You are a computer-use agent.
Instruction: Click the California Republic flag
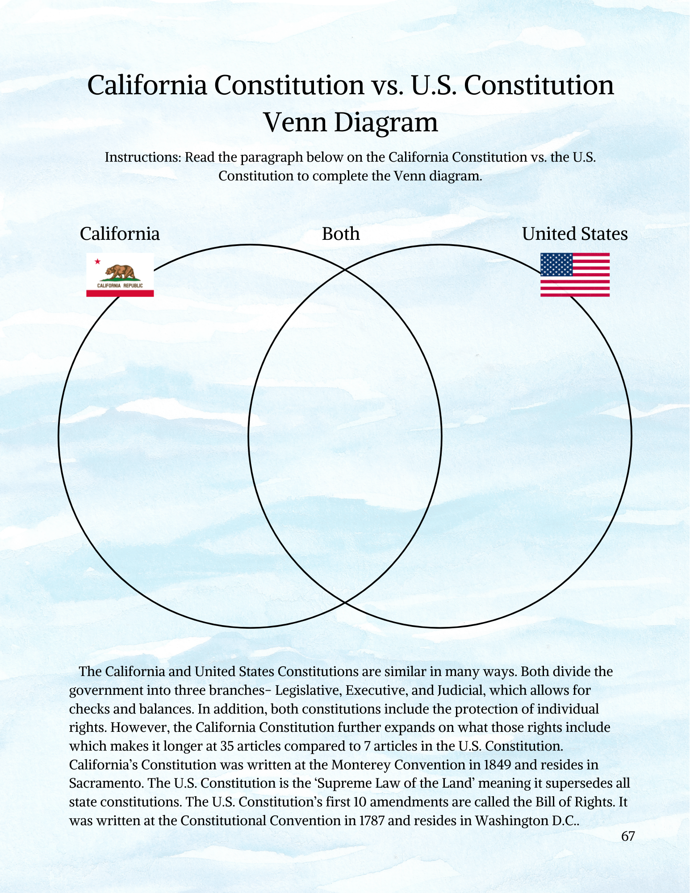[x=120, y=275]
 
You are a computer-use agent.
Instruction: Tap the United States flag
[x=575, y=275]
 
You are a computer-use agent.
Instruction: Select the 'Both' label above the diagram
[x=341, y=234]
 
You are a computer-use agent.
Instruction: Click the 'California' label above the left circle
[x=120, y=234]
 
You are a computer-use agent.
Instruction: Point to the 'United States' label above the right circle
[x=575, y=234]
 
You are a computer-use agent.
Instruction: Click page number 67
[x=628, y=836]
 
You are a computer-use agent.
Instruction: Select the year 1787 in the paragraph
[x=372, y=821]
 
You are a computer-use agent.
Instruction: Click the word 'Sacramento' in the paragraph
[x=105, y=784]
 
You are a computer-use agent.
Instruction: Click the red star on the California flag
[x=97, y=262]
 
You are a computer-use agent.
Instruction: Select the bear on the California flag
[x=120, y=271]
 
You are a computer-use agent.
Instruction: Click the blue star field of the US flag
[x=556, y=265]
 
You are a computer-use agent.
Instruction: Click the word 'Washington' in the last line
[x=510, y=821]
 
